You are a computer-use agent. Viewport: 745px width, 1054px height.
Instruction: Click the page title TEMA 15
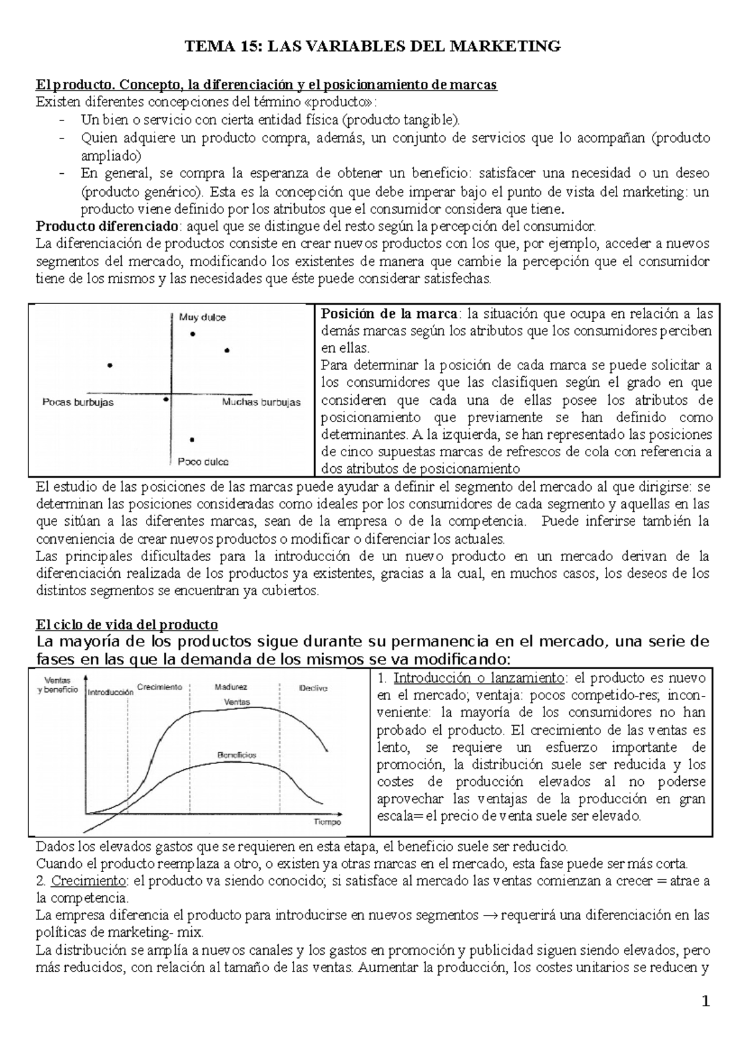372,47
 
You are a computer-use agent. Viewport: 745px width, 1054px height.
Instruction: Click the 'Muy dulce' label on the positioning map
202,317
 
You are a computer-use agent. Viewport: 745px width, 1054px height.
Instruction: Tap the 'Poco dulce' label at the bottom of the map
203,462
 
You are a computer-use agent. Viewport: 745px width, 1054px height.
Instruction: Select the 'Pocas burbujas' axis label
78,402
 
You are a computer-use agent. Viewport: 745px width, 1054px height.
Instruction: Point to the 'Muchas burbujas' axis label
261,402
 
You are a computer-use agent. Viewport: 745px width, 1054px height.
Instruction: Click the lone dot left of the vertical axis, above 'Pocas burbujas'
110,366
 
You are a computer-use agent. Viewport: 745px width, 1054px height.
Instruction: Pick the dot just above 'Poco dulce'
192,439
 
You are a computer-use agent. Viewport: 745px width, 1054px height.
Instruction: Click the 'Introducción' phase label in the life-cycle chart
111,691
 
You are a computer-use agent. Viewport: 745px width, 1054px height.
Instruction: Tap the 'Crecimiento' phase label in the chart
160,687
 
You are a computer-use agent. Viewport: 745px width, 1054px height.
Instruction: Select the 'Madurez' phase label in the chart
231,688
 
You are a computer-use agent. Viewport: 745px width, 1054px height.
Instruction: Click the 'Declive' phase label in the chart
313,688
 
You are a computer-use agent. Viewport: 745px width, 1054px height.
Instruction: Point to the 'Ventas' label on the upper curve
237,702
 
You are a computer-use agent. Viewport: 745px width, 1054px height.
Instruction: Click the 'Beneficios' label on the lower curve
237,755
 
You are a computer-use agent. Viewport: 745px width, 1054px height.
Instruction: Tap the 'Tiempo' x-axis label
327,822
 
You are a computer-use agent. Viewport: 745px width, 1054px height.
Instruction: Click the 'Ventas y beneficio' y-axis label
57,685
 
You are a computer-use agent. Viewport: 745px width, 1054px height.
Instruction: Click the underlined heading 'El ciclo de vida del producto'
127,624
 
